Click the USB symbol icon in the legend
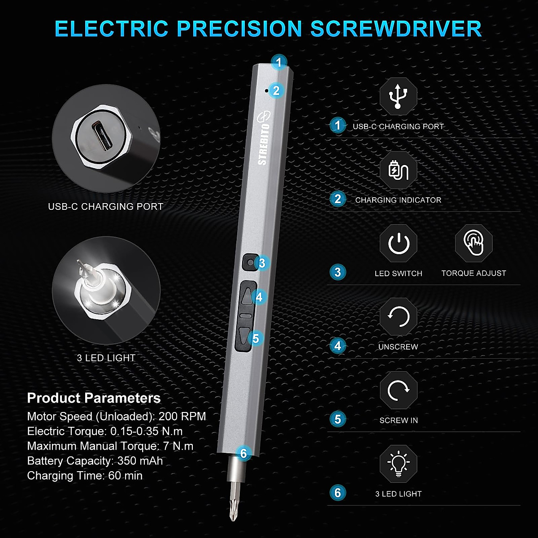tap(398, 96)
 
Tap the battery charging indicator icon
tap(398, 170)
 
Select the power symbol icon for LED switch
tap(398, 243)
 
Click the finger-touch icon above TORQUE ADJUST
tap(473, 243)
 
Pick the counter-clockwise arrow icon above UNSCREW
tap(398, 317)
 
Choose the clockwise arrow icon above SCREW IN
tap(398, 390)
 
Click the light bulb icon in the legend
tap(398, 464)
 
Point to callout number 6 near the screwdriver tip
tap(243, 454)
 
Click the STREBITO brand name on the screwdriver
tap(264, 143)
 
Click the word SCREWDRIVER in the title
tap(396, 29)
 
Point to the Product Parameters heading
tap(94, 398)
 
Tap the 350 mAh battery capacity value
tap(140, 461)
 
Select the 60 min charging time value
tap(125, 476)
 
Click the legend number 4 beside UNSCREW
tap(338, 346)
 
